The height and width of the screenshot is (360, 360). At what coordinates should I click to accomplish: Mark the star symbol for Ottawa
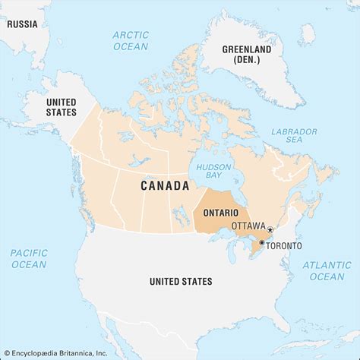tap(270, 229)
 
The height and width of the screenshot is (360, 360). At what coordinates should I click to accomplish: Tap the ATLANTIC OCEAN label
tap(327, 270)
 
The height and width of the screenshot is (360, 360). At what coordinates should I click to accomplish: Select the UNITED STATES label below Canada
tap(181, 282)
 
